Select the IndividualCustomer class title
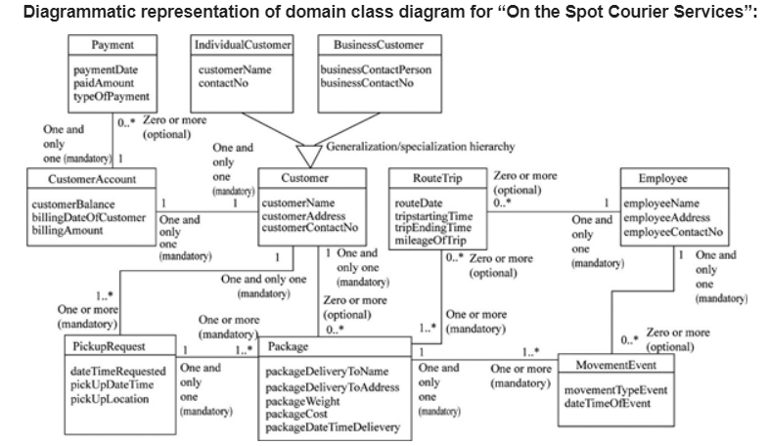point(244,46)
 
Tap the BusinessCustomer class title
point(379,46)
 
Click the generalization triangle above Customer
point(309,155)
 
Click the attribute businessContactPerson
point(376,70)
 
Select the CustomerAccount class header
point(92,179)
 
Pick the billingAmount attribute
point(61,227)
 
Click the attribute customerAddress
point(304,215)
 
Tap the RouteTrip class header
point(436,179)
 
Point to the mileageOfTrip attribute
point(429,240)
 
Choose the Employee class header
point(662,179)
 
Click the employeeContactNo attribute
point(673,232)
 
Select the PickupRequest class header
point(110,347)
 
